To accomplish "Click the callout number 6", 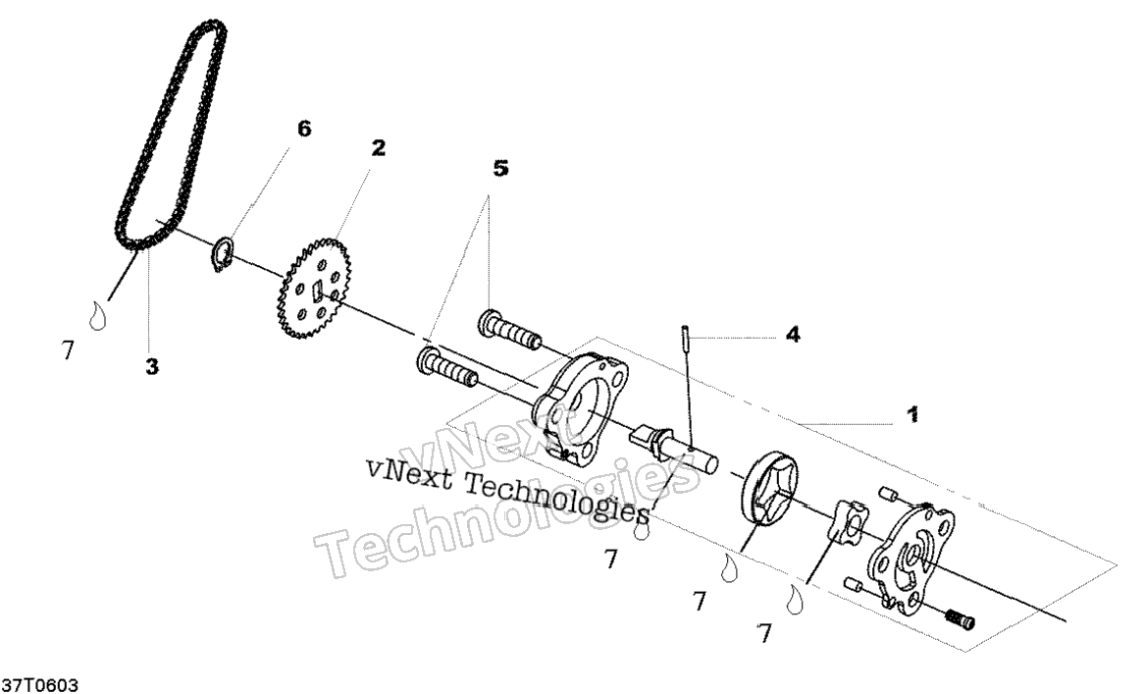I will pyautogui.click(x=304, y=129).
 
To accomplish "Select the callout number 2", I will pyautogui.click(x=378, y=148).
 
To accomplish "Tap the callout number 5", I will pyautogui.click(x=500, y=169).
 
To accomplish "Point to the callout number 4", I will pyautogui.click(x=792, y=335).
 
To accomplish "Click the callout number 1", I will pyautogui.click(x=911, y=415).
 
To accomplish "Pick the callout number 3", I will pyautogui.click(x=151, y=366).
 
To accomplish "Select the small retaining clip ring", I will pyautogui.click(x=225, y=252).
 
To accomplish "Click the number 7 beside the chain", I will pyautogui.click(x=68, y=350).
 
